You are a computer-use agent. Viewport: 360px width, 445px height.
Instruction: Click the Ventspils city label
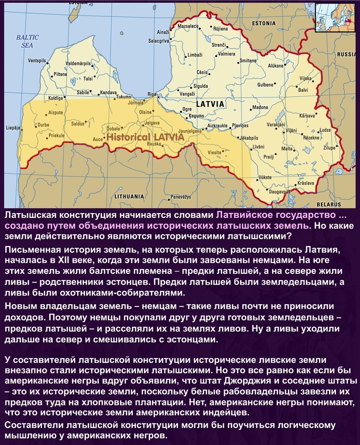37,61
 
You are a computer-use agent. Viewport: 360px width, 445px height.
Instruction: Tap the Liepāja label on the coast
12,127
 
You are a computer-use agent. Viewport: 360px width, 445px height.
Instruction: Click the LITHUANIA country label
129,196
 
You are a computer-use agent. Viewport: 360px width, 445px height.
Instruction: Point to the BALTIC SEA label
24,41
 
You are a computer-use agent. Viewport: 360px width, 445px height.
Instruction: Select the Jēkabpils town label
249,138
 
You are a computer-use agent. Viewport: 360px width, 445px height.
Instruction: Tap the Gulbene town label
265,84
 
